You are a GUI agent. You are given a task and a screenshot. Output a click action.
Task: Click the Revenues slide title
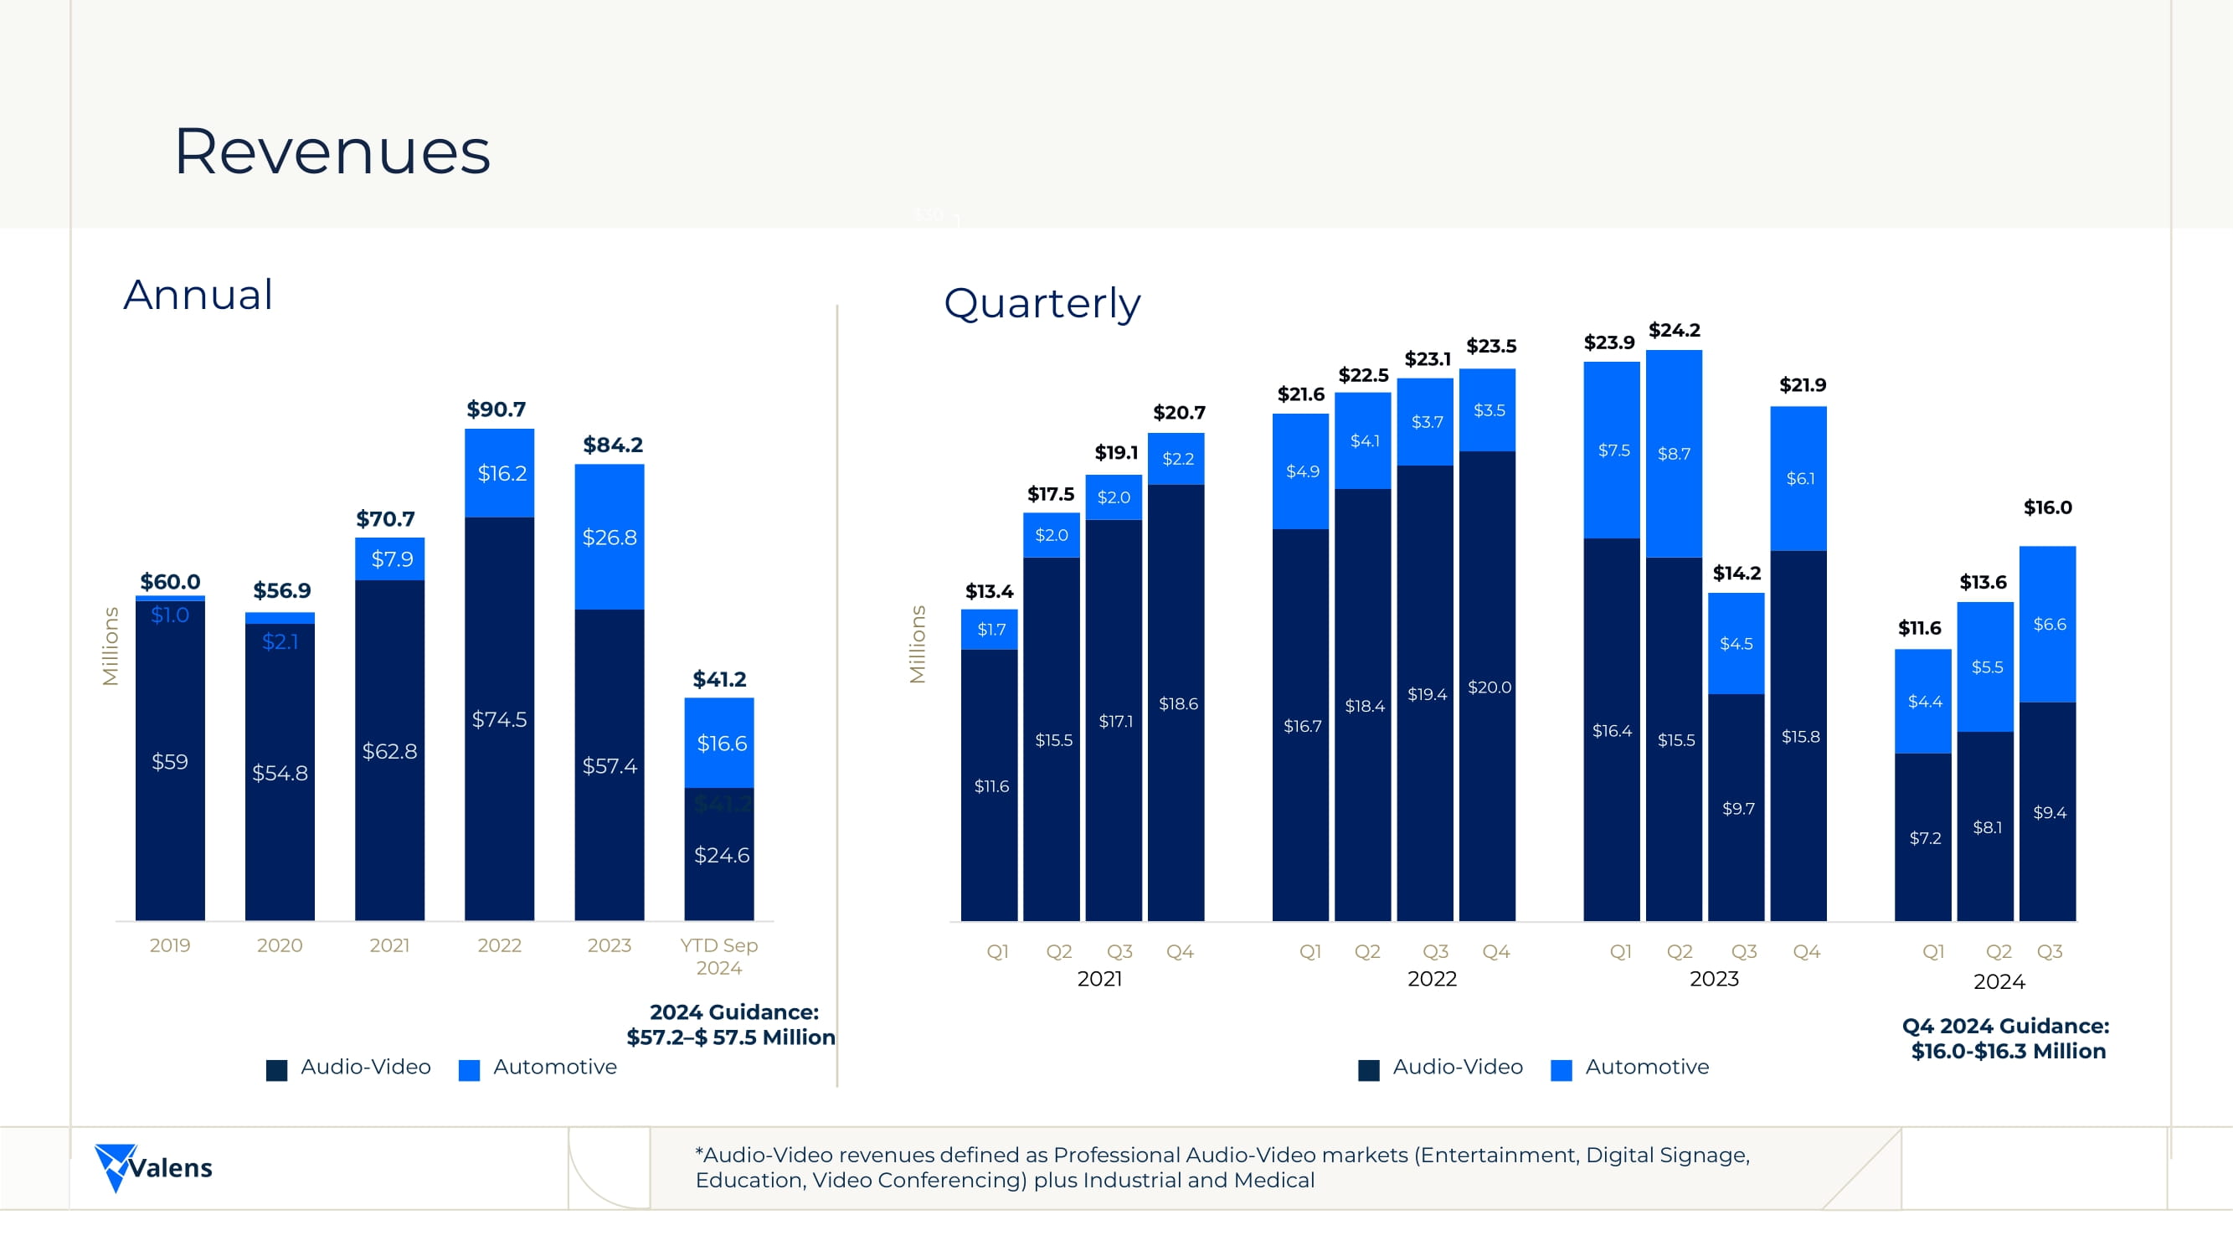(x=332, y=152)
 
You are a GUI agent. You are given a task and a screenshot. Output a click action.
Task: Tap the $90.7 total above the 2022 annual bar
(x=496, y=409)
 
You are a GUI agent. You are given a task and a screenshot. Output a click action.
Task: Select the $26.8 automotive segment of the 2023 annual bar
(x=610, y=538)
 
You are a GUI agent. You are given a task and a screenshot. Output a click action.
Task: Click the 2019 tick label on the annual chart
(x=170, y=945)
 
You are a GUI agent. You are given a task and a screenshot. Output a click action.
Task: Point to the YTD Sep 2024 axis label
(x=718, y=956)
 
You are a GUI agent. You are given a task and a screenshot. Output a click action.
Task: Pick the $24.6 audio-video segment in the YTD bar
(x=721, y=856)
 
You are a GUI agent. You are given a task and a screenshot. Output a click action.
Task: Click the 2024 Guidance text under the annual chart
(x=733, y=1025)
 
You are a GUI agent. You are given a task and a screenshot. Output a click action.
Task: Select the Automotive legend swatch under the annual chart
(x=469, y=1069)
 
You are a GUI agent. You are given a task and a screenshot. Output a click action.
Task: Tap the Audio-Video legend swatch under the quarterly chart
(x=1369, y=1069)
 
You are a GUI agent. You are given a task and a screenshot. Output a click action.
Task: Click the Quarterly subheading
(x=1042, y=303)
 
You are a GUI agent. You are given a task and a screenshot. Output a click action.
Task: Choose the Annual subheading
(x=198, y=295)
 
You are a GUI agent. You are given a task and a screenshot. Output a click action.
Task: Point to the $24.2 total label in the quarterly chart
(x=1674, y=330)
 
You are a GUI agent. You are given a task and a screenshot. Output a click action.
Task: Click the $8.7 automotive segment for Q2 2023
(x=1674, y=454)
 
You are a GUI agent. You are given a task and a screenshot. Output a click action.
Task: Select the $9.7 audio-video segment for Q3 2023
(x=1737, y=809)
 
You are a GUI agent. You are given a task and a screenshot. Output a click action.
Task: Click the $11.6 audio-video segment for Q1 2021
(x=990, y=786)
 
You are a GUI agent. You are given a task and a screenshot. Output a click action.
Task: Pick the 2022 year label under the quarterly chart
(x=1431, y=979)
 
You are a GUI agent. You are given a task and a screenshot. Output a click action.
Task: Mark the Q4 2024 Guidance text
(x=2006, y=1038)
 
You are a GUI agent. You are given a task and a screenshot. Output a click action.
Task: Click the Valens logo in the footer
(x=153, y=1167)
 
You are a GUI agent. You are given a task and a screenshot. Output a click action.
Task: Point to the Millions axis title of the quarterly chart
(x=917, y=644)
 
